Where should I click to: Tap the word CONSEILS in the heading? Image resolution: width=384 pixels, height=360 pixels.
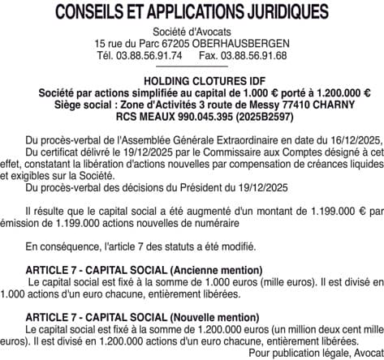click(90, 13)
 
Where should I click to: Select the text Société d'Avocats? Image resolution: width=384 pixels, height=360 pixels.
click(192, 31)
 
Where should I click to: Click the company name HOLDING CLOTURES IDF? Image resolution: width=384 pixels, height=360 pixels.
click(192, 83)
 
